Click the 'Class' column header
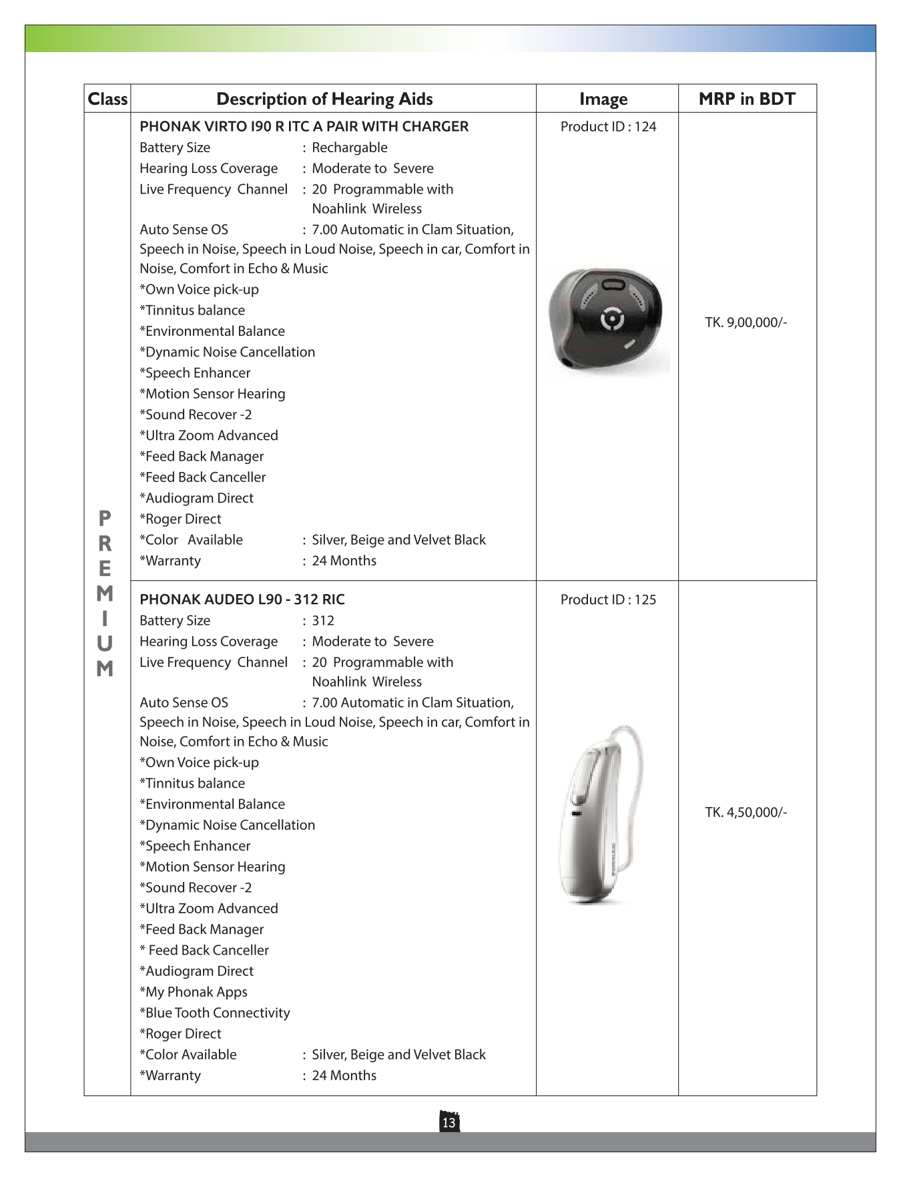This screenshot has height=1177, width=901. (x=107, y=99)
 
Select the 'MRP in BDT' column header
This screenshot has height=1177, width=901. (x=747, y=99)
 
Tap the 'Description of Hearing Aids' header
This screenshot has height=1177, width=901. (x=324, y=99)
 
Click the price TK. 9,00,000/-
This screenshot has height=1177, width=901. (x=746, y=322)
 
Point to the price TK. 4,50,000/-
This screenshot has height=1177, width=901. (x=746, y=812)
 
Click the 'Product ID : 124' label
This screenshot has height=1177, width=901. (x=608, y=127)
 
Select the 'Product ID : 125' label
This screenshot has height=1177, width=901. (x=608, y=600)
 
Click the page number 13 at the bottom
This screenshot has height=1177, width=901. (x=449, y=1122)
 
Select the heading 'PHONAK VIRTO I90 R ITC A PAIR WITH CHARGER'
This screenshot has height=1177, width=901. (x=304, y=127)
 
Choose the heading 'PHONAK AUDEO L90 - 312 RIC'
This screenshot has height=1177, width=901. (x=242, y=600)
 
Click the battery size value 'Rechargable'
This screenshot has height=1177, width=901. (x=350, y=148)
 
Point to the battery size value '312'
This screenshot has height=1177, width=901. (x=323, y=620)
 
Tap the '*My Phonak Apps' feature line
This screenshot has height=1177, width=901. (x=194, y=992)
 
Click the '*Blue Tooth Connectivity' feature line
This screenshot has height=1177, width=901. (x=215, y=1013)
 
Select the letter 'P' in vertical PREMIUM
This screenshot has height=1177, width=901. (x=105, y=518)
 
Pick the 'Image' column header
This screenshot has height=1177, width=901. (x=603, y=99)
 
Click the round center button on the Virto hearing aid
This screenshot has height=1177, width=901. (x=613, y=320)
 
